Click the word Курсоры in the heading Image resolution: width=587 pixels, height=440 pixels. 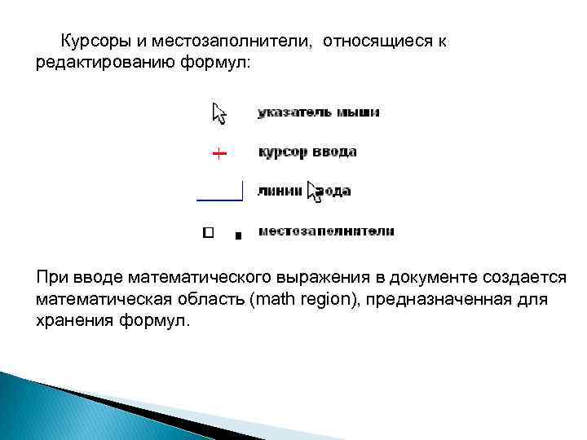click(x=93, y=41)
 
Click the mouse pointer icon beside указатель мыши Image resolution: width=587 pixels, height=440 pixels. click(x=219, y=112)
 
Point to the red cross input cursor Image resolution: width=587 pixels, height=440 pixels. click(x=219, y=152)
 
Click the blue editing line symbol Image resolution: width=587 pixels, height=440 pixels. click(x=220, y=196)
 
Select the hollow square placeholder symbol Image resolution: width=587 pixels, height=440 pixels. click(x=208, y=232)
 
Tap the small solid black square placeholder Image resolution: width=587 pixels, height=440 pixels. click(x=237, y=235)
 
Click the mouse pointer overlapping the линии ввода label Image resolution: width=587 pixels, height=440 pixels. click(x=315, y=191)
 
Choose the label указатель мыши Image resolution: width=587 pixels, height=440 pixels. click(x=318, y=112)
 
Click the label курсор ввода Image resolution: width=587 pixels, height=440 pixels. click(x=307, y=152)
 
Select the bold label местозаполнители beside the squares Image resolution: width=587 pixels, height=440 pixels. click(x=326, y=231)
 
